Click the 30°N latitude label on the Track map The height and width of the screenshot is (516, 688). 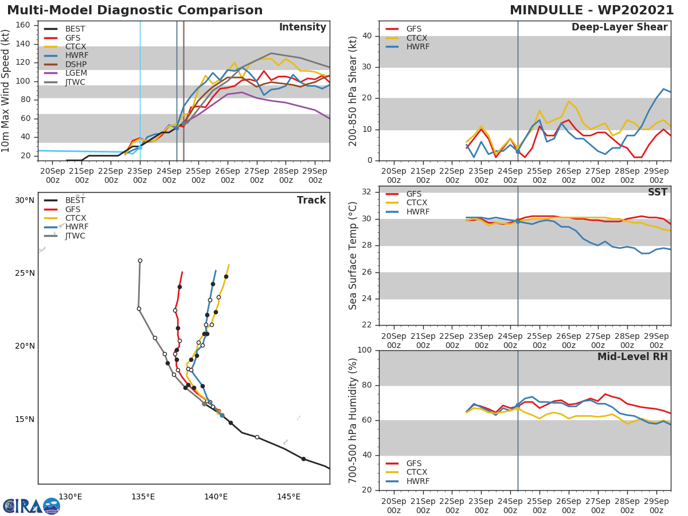[x=25, y=200]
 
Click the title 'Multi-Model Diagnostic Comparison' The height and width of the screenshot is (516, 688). [x=135, y=10]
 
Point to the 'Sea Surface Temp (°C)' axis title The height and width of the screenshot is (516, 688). [x=353, y=256]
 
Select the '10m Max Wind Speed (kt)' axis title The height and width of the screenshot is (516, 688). [x=6, y=90]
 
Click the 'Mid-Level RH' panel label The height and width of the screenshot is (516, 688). [x=632, y=357]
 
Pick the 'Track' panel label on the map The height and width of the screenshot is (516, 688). [x=311, y=200]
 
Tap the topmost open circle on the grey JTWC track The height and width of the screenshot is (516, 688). [x=140, y=260]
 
